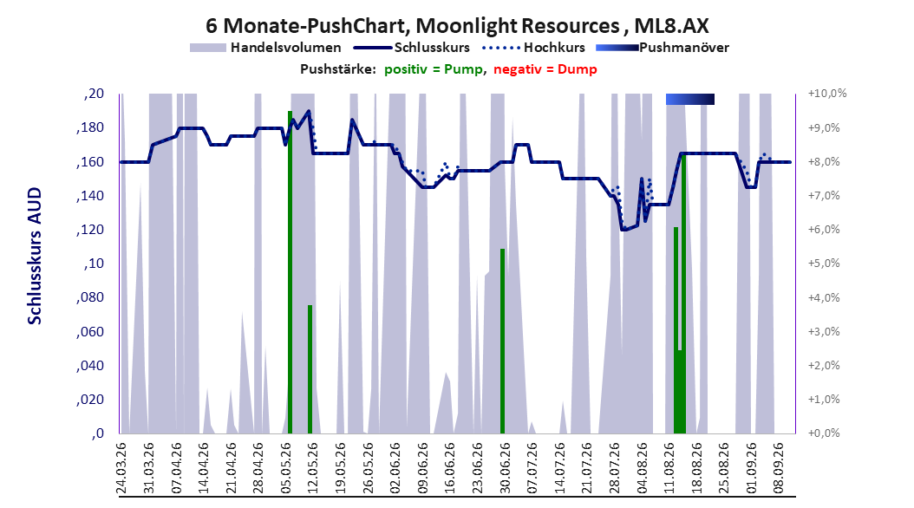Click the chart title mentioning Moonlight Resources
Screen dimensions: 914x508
[457, 26]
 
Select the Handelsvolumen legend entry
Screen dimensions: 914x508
[265, 48]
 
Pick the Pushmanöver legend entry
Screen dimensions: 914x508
[663, 48]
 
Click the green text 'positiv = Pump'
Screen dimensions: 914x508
[434, 69]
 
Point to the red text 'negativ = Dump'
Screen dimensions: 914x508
[545, 69]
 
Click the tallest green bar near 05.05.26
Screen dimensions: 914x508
[290, 272]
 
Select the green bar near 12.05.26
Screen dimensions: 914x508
[310, 369]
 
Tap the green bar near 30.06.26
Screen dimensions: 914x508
[502, 342]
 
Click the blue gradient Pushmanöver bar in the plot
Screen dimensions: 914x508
[690, 99]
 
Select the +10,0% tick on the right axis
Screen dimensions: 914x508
[827, 94]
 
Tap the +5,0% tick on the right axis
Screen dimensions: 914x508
[824, 264]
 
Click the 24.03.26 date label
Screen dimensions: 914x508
[121, 468]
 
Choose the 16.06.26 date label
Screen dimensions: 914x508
[449, 468]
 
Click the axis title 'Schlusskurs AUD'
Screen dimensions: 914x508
[35, 256]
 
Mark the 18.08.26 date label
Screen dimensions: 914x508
[695, 468]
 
